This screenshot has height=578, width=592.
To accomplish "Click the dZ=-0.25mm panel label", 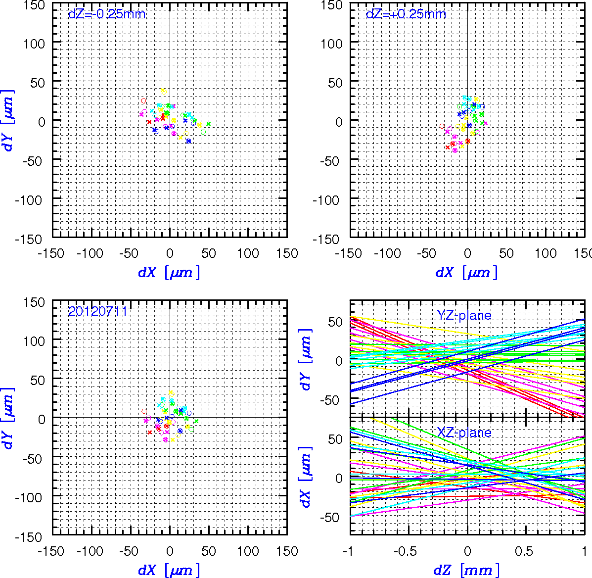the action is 107,14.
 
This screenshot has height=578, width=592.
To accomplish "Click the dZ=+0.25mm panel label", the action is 406,14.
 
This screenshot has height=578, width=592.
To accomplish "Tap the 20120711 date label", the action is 97,312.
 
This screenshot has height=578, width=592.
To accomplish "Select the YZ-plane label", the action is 464,315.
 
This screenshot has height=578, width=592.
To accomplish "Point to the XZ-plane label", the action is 464,432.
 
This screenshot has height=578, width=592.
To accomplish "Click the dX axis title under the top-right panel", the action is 467,272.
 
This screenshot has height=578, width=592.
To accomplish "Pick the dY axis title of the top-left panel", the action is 7,121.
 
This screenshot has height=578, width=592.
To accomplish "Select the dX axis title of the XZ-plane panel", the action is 306,477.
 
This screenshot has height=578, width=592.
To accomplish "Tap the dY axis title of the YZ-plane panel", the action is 306,359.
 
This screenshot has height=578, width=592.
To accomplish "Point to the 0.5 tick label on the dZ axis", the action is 524,552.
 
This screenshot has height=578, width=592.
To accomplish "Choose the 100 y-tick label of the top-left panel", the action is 34,44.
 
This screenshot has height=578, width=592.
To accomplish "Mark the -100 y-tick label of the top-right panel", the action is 326,200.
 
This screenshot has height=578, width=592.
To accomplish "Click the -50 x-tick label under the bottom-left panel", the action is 129,551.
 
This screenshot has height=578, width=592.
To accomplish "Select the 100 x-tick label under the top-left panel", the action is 248,253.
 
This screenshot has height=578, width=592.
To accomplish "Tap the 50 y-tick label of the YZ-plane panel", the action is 335,322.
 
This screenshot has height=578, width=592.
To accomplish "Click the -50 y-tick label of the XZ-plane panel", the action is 331,517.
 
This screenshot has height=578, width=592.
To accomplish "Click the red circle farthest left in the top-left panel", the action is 143,101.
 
